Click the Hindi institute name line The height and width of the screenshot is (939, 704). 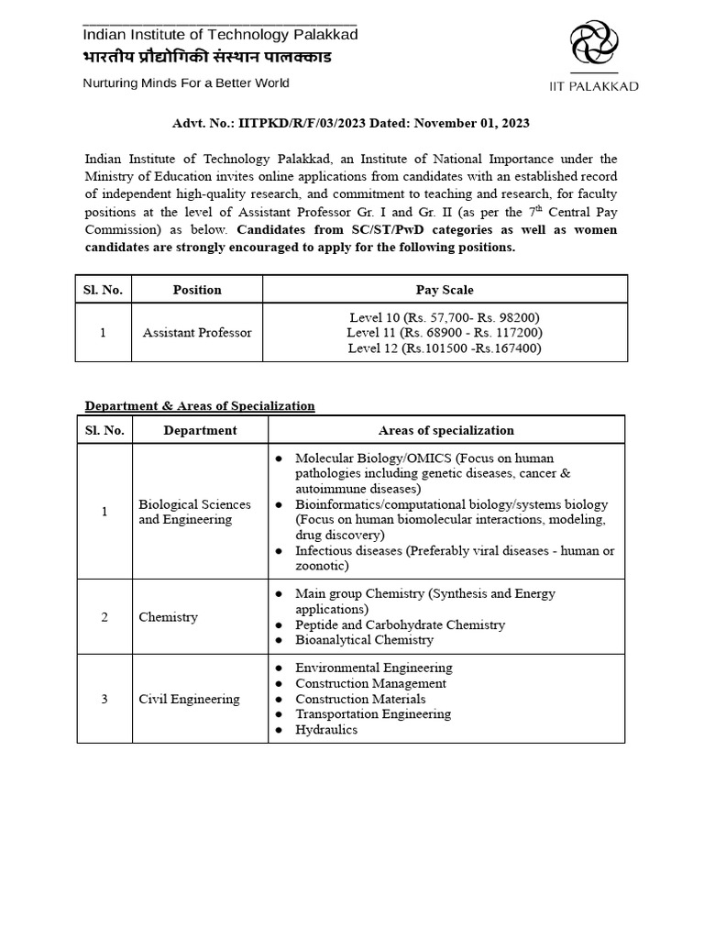point(207,58)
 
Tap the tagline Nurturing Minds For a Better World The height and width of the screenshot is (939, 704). point(186,83)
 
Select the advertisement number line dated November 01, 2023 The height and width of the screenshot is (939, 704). point(351,123)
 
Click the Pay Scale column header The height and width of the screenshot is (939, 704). point(445,290)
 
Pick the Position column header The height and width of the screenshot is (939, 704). point(197,290)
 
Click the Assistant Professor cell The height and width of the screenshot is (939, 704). point(197,332)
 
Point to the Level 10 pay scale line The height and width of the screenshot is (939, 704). point(445,317)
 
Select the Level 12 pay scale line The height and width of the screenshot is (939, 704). point(445,348)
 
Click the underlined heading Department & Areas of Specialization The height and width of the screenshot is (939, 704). point(200,405)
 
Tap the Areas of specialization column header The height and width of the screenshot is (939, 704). point(445,430)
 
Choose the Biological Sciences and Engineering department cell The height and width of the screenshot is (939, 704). point(194,512)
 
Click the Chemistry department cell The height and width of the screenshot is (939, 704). point(168,617)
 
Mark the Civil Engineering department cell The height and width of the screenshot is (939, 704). point(189,699)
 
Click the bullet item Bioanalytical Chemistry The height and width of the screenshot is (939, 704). point(364,640)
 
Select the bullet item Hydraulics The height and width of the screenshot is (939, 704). point(326,730)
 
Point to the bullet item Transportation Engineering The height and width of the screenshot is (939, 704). point(373,714)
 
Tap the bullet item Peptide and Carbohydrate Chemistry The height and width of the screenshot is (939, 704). point(400,624)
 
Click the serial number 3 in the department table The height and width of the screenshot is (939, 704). point(104,699)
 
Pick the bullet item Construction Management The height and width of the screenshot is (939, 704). point(370,683)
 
